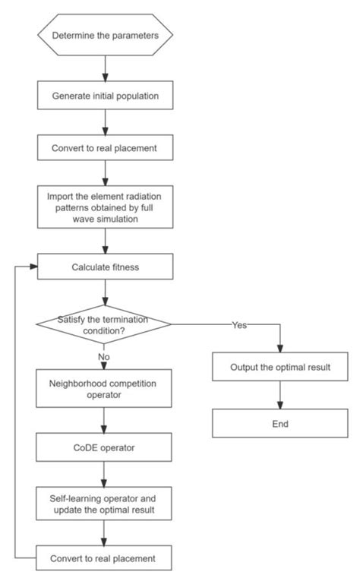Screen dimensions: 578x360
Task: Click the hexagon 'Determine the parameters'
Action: (x=104, y=34)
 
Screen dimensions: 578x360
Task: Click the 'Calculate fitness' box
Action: (x=104, y=267)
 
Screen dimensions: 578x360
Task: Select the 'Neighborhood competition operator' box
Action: (x=104, y=389)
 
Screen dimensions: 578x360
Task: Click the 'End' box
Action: (x=279, y=423)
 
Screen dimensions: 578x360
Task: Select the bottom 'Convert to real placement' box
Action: (x=104, y=558)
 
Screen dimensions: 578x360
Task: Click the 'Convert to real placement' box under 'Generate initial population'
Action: (x=104, y=147)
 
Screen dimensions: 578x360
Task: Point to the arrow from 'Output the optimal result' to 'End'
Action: (x=279, y=395)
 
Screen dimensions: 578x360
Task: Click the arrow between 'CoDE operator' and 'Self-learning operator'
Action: (x=104, y=475)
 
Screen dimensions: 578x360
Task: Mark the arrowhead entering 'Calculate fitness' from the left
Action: (x=33, y=267)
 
